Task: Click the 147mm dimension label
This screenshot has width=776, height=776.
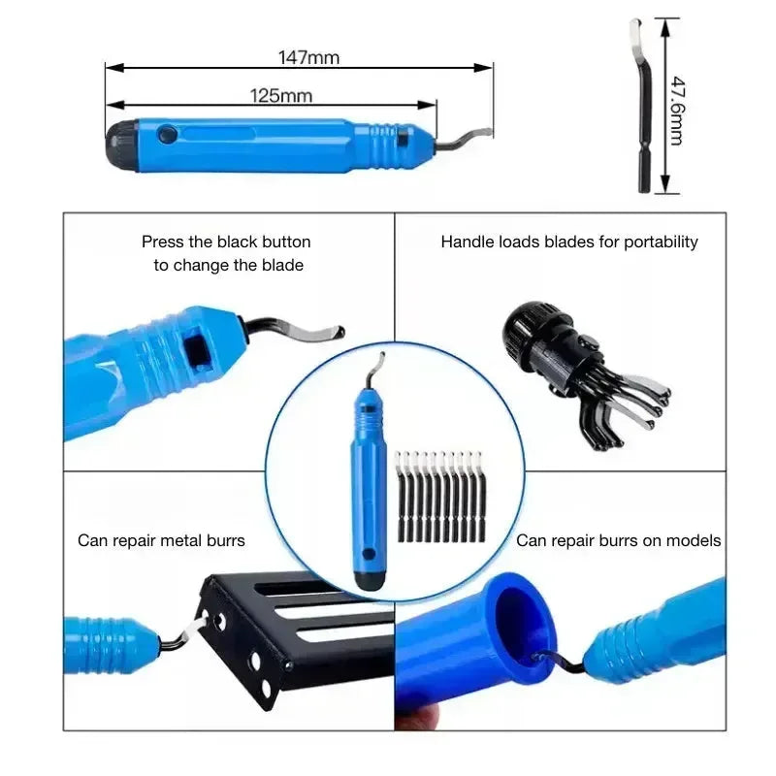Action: click(308, 57)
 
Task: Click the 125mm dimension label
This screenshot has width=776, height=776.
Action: click(281, 95)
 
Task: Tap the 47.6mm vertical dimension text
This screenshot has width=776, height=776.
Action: click(678, 111)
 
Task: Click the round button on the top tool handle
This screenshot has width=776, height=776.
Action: click(167, 134)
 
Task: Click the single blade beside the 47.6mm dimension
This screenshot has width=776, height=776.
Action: click(642, 106)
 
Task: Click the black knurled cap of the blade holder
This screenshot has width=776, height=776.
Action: click(527, 329)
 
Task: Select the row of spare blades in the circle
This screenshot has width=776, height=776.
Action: click(440, 497)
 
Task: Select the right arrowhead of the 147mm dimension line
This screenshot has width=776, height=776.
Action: click(483, 68)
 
